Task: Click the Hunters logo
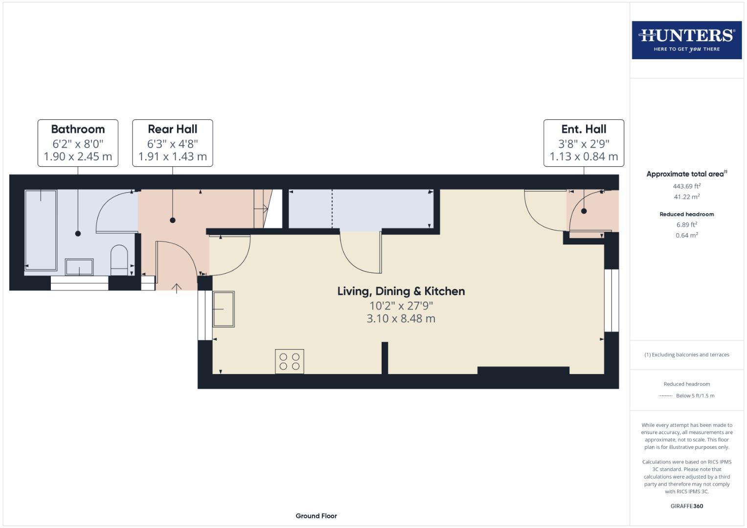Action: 686,40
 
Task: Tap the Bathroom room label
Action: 78,129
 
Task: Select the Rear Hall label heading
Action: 172,129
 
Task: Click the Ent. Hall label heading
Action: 584,129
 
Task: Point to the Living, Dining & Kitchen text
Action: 401,291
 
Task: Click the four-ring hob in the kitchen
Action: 290,361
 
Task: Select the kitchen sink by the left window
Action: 224,309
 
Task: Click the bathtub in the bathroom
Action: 41,229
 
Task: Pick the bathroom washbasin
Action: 79,267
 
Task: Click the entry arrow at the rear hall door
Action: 177,287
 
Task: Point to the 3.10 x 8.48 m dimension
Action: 401,319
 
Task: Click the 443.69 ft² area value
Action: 686,186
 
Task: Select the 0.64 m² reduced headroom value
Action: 686,235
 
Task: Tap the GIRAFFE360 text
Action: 686,506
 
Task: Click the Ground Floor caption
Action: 316,516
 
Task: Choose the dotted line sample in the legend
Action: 665,396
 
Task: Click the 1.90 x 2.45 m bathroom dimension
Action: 78,156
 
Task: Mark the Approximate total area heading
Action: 686,174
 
